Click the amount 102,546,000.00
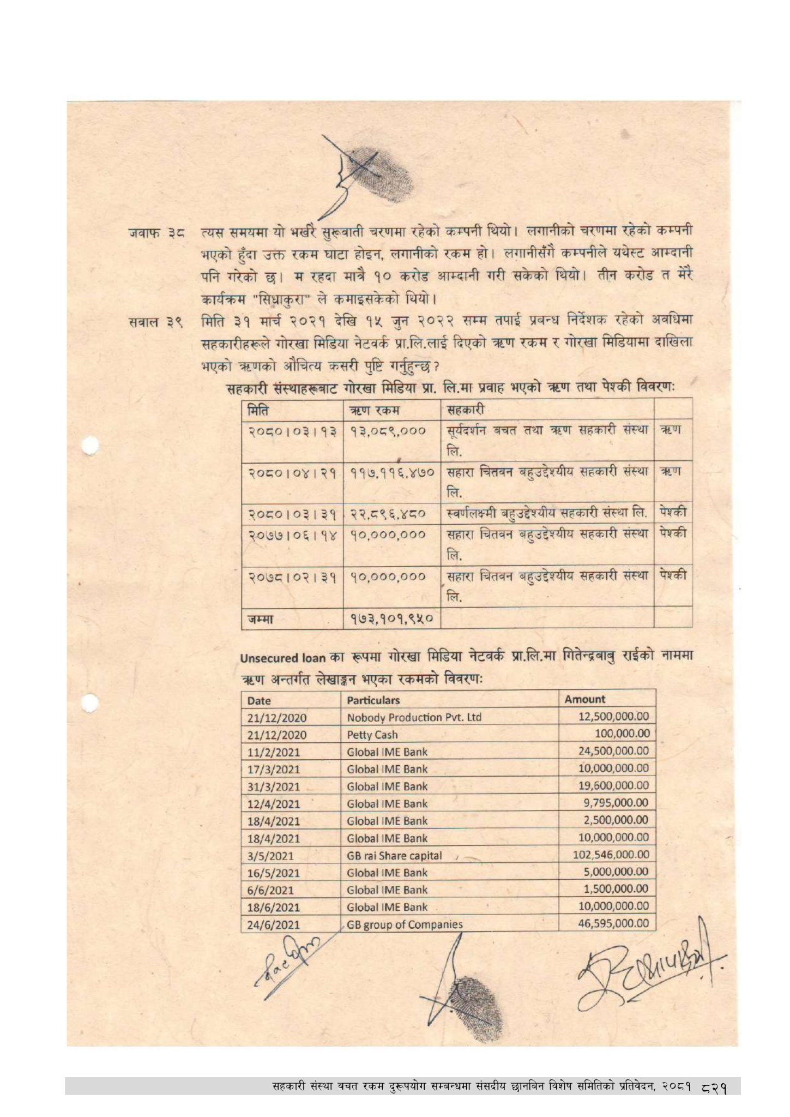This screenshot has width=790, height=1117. (x=611, y=855)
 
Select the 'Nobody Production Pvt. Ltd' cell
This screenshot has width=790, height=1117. (x=414, y=717)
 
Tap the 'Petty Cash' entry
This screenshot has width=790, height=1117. (x=372, y=735)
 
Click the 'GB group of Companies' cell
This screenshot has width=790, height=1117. (x=405, y=924)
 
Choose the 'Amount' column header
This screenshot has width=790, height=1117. (x=584, y=699)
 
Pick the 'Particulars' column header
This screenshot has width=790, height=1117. (x=373, y=700)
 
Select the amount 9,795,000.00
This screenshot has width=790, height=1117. (x=616, y=803)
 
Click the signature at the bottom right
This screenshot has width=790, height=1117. (x=649, y=965)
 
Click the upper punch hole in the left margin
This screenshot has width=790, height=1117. (x=90, y=447)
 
